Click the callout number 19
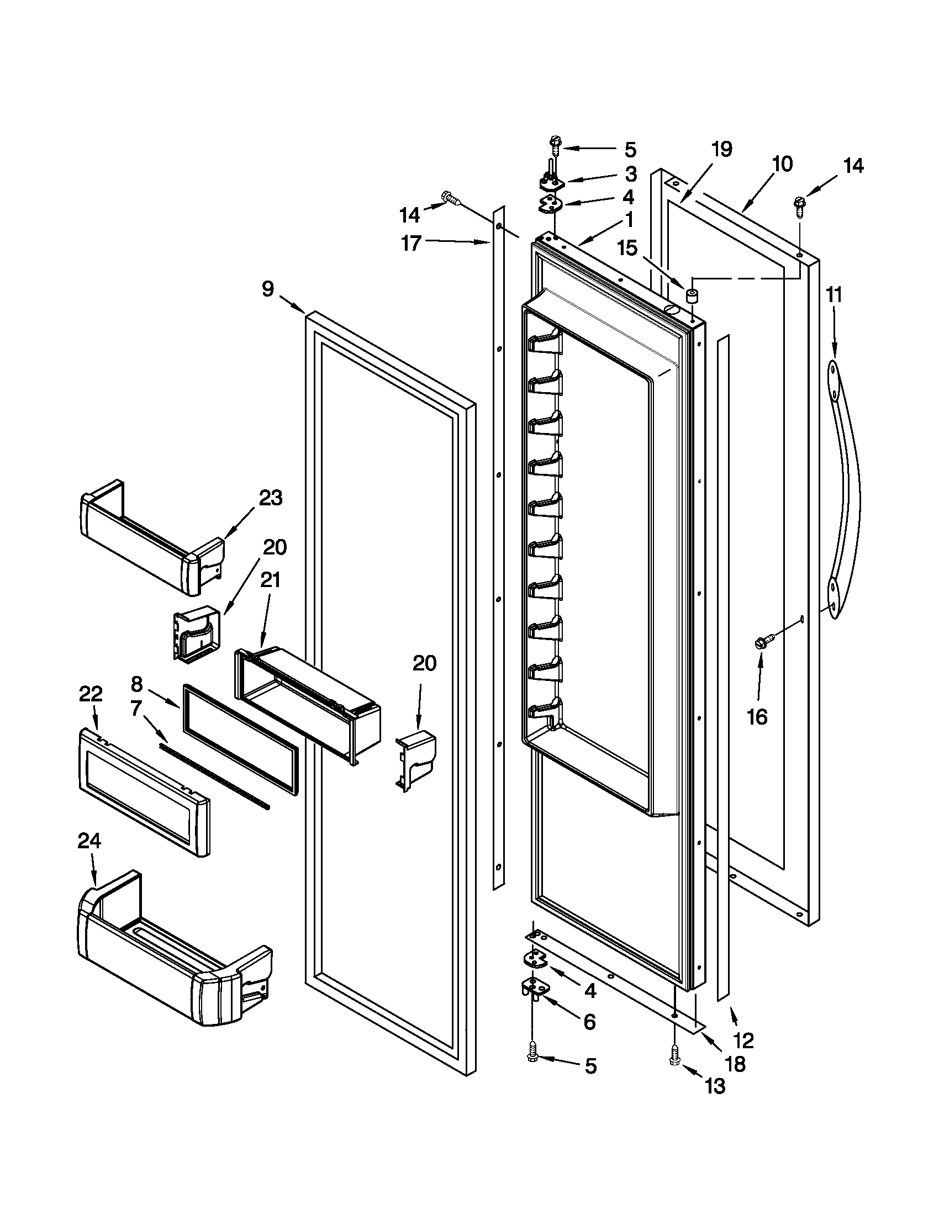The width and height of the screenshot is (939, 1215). (x=721, y=149)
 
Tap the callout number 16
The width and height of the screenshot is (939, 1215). (x=757, y=717)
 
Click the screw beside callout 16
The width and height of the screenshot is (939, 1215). (x=760, y=643)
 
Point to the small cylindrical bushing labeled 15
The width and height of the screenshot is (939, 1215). (x=692, y=295)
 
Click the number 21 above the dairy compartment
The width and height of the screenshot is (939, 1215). (x=270, y=580)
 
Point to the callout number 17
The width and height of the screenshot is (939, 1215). (x=411, y=243)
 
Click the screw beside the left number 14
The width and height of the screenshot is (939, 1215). (x=449, y=197)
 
